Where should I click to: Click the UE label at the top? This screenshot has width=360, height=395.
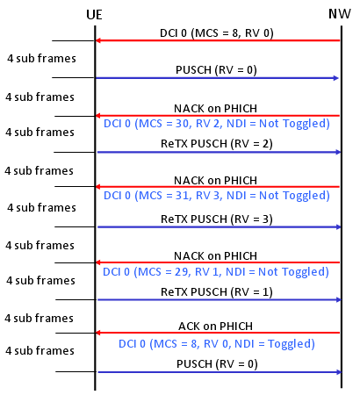tap(94, 15)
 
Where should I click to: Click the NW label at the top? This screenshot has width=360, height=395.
tap(340, 14)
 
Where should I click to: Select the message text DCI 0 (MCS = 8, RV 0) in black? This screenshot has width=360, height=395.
tap(217, 33)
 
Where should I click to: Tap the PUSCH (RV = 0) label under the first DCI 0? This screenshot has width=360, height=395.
tap(216, 70)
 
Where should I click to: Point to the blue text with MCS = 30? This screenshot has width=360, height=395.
tap(217, 124)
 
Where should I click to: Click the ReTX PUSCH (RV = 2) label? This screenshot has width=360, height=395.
tap(217, 144)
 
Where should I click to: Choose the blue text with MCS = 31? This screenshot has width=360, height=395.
tap(217, 196)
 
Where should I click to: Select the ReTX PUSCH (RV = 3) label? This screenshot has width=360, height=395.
tap(217, 219)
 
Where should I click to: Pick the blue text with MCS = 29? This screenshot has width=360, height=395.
tap(216, 272)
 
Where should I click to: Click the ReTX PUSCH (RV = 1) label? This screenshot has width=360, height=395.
tap(217, 292)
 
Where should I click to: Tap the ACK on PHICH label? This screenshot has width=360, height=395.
tap(216, 327)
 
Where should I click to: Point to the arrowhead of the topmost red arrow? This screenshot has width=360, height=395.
tap(98, 40)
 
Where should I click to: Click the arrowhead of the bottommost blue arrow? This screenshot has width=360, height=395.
tap(339, 372)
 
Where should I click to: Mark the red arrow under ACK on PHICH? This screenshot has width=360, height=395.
tap(218, 333)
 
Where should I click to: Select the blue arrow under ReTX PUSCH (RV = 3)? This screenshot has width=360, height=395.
tap(220, 227)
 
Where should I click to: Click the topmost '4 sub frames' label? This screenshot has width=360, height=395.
tap(41, 59)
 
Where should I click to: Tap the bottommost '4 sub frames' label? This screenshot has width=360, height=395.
tap(40, 350)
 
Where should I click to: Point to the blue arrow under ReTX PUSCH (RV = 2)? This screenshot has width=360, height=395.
tap(220, 152)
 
